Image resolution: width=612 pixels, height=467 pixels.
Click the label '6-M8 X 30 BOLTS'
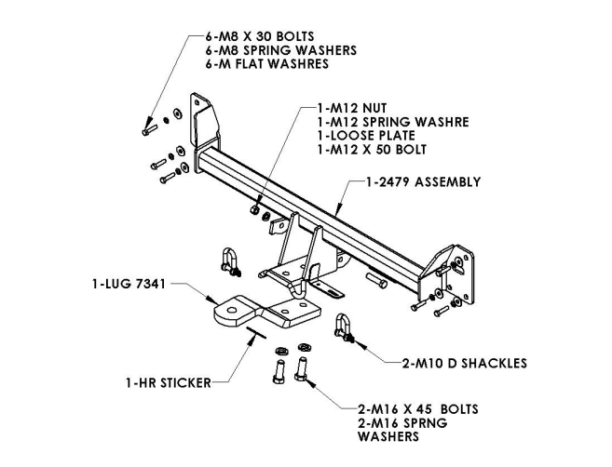point(260,36)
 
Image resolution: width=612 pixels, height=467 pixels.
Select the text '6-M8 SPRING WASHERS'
point(281,50)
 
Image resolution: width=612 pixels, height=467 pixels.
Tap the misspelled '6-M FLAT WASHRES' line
point(267,63)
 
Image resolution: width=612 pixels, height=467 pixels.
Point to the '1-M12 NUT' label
point(352,108)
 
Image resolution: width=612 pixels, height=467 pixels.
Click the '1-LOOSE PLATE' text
point(366,136)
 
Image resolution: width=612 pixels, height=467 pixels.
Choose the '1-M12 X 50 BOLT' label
point(372,149)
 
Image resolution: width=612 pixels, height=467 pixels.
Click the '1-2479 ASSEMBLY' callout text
point(423,182)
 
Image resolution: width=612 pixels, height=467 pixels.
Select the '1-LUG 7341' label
point(129,284)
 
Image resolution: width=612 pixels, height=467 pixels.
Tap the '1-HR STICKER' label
point(169,382)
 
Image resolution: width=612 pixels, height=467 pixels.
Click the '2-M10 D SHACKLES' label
point(465,364)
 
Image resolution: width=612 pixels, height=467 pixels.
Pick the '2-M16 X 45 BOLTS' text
point(418,409)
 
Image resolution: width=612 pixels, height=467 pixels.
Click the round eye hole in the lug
point(232,311)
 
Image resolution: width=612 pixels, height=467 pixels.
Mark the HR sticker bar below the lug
point(256,333)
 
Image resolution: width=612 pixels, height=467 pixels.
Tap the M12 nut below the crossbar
point(254,209)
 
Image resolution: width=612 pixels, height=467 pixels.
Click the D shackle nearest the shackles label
point(344,327)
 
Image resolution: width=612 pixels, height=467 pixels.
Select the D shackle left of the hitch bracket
point(230,261)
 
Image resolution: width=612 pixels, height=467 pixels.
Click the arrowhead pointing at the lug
point(213,300)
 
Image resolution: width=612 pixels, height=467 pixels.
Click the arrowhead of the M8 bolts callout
point(148,123)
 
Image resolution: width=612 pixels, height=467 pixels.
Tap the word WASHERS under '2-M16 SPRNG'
point(388,436)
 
